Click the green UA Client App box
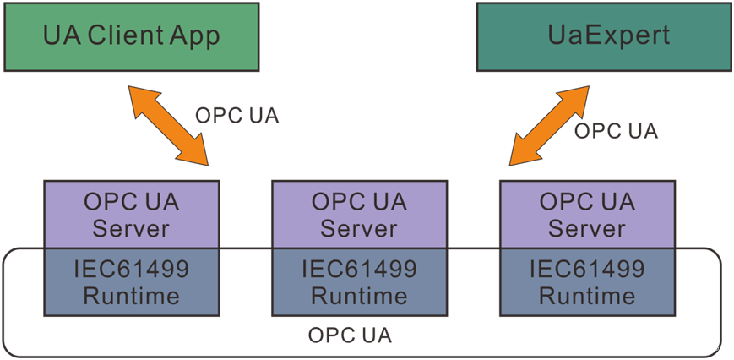[131, 36]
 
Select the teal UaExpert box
[604, 36]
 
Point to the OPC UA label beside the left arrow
[237, 116]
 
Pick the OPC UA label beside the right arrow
[616, 131]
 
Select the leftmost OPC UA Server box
[131, 215]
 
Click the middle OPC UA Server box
[359, 215]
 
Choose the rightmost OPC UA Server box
[587, 215]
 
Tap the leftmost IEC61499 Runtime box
[131, 282]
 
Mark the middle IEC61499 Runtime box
[359, 282]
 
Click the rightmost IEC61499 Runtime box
[587, 282]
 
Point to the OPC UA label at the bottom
[350, 335]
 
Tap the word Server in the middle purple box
[359, 228]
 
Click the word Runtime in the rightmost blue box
[587, 296]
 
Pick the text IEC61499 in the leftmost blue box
[131, 270]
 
